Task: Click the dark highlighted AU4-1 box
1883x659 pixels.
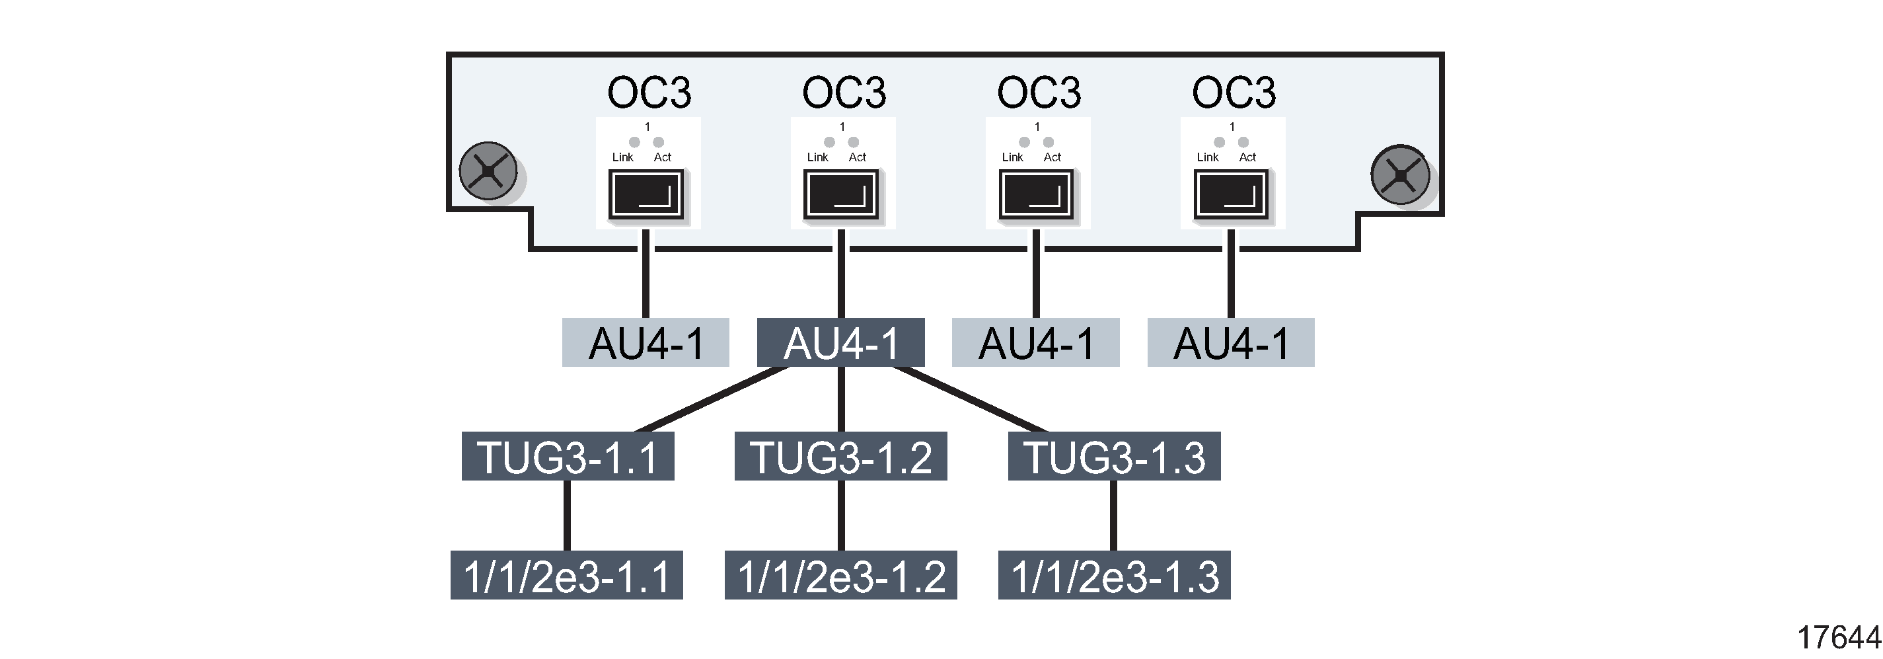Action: (840, 342)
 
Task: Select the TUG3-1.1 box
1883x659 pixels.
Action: (568, 456)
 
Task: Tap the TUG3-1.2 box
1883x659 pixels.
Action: (840, 456)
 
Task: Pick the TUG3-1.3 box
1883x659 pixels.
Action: (1114, 456)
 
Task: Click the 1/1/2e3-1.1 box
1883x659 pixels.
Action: (566, 576)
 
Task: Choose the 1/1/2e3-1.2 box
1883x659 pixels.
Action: (840, 576)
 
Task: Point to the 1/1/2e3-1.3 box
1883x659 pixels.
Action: (1114, 576)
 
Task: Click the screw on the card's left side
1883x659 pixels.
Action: (488, 171)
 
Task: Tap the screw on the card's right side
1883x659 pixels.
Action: (1400, 174)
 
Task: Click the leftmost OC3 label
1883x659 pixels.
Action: (648, 93)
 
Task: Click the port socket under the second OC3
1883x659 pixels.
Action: (840, 194)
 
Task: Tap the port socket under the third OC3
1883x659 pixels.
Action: (1036, 194)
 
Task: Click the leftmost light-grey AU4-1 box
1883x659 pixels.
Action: (646, 342)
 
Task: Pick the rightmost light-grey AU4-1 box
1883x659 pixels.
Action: (1231, 342)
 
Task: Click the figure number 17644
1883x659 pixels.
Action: (1837, 638)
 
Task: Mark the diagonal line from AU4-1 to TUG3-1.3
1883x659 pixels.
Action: (969, 399)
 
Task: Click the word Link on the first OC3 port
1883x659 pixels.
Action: (623, 157)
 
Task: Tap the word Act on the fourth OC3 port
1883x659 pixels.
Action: (1247, 157)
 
